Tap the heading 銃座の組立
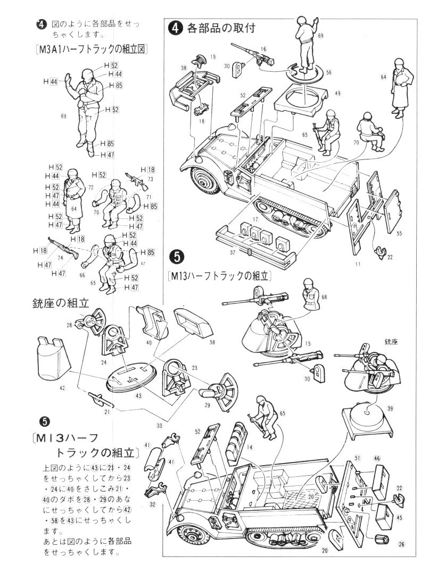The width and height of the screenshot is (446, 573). click(x=67, y=303)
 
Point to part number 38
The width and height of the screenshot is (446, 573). click(x=183, y=68)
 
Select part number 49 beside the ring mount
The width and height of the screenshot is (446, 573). click(x=337, y=94)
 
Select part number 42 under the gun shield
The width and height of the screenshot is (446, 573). click(x=62, y=389)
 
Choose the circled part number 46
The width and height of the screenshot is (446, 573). click(x=377, y=458)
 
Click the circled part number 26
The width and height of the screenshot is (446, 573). click(x=401, y=543)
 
